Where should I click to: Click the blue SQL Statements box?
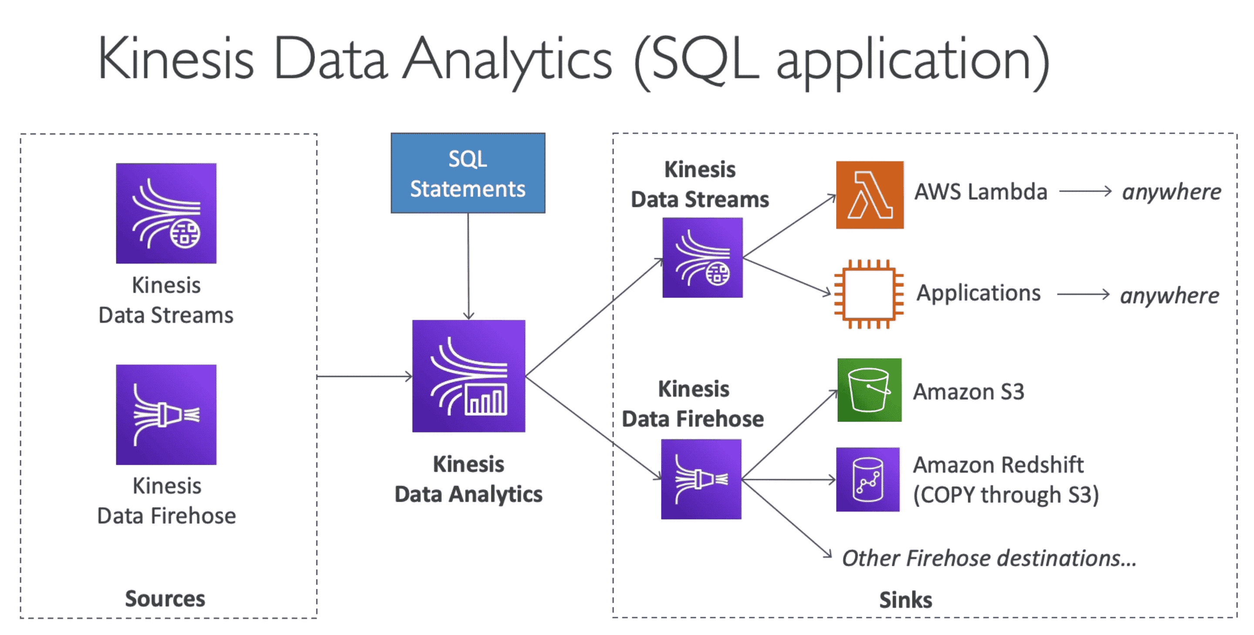pos(468,173)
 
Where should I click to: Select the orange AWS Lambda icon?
pos(869,195)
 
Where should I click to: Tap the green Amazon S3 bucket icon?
pos(869,390)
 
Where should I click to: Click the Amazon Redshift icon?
pos(868,479)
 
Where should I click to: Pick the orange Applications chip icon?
pos(868,294)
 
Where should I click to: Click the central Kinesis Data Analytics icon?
pos(468,376)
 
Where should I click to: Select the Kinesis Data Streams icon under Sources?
pos(166,213)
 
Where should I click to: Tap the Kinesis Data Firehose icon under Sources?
pos(166,415)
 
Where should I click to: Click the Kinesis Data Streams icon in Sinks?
pos(702,257)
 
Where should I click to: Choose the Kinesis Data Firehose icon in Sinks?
pos(701,479)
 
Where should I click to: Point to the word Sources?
pos(165,598)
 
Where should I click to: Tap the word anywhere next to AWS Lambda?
pos(1171,192)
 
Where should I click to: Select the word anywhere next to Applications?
pos(1169,295)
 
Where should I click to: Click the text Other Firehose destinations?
pos(989,558)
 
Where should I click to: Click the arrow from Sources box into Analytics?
pos(364,376)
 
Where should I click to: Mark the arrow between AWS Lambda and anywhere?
pos(1085,191)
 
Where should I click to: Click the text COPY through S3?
pos(1006,495)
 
